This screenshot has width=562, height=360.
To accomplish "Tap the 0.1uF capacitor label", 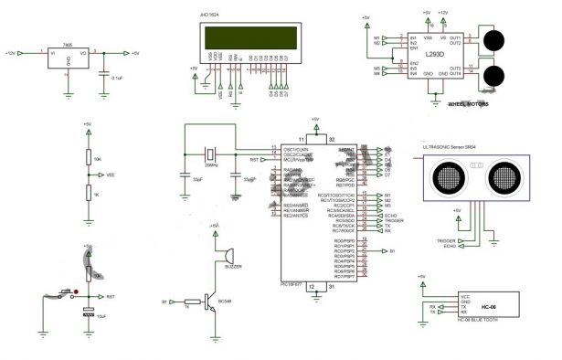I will (x=117, y=79).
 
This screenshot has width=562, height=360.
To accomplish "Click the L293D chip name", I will (x=435, y=55).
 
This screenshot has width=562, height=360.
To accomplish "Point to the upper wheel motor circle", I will (x=494, y=40).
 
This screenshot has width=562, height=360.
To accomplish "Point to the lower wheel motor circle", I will (x=494, y=77).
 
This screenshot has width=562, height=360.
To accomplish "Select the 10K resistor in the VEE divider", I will (x=87, y=158).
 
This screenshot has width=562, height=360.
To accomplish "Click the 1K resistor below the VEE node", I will (x=87, y=192).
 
